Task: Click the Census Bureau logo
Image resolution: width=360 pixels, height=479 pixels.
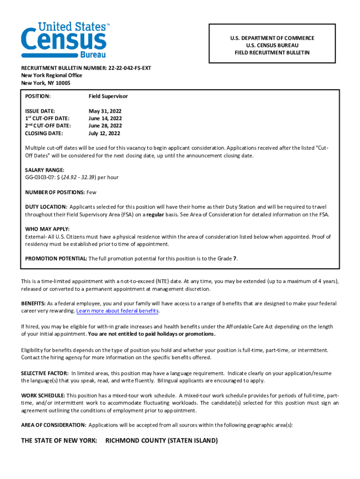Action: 64,40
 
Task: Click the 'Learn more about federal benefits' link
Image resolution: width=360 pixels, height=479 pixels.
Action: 117,311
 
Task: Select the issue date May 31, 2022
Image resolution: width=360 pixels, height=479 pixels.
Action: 105,111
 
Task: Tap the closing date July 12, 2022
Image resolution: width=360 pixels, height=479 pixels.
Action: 104,133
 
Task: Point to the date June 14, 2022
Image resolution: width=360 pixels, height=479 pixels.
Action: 105,119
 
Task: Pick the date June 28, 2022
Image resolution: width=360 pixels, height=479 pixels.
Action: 105,126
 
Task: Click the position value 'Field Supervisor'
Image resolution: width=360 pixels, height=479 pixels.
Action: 108,96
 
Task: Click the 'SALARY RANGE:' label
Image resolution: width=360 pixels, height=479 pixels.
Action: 44,170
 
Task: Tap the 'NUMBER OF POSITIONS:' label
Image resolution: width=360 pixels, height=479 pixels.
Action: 55,192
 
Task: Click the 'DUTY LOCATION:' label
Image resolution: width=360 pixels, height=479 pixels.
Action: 46,207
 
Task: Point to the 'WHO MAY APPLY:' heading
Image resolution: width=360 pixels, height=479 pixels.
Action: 47,229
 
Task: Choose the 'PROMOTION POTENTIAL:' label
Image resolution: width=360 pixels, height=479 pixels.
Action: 56,259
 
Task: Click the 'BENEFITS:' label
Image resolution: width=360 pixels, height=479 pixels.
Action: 33,304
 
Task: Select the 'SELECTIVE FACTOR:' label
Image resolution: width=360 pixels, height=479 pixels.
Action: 44,373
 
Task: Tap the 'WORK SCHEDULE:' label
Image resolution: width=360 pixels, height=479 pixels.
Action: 43,396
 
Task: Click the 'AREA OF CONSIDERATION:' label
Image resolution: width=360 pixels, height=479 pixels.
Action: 53,425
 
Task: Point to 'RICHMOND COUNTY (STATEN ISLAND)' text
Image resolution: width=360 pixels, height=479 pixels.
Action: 162,441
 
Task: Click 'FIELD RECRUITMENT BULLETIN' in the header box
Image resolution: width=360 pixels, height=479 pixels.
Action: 272,53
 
